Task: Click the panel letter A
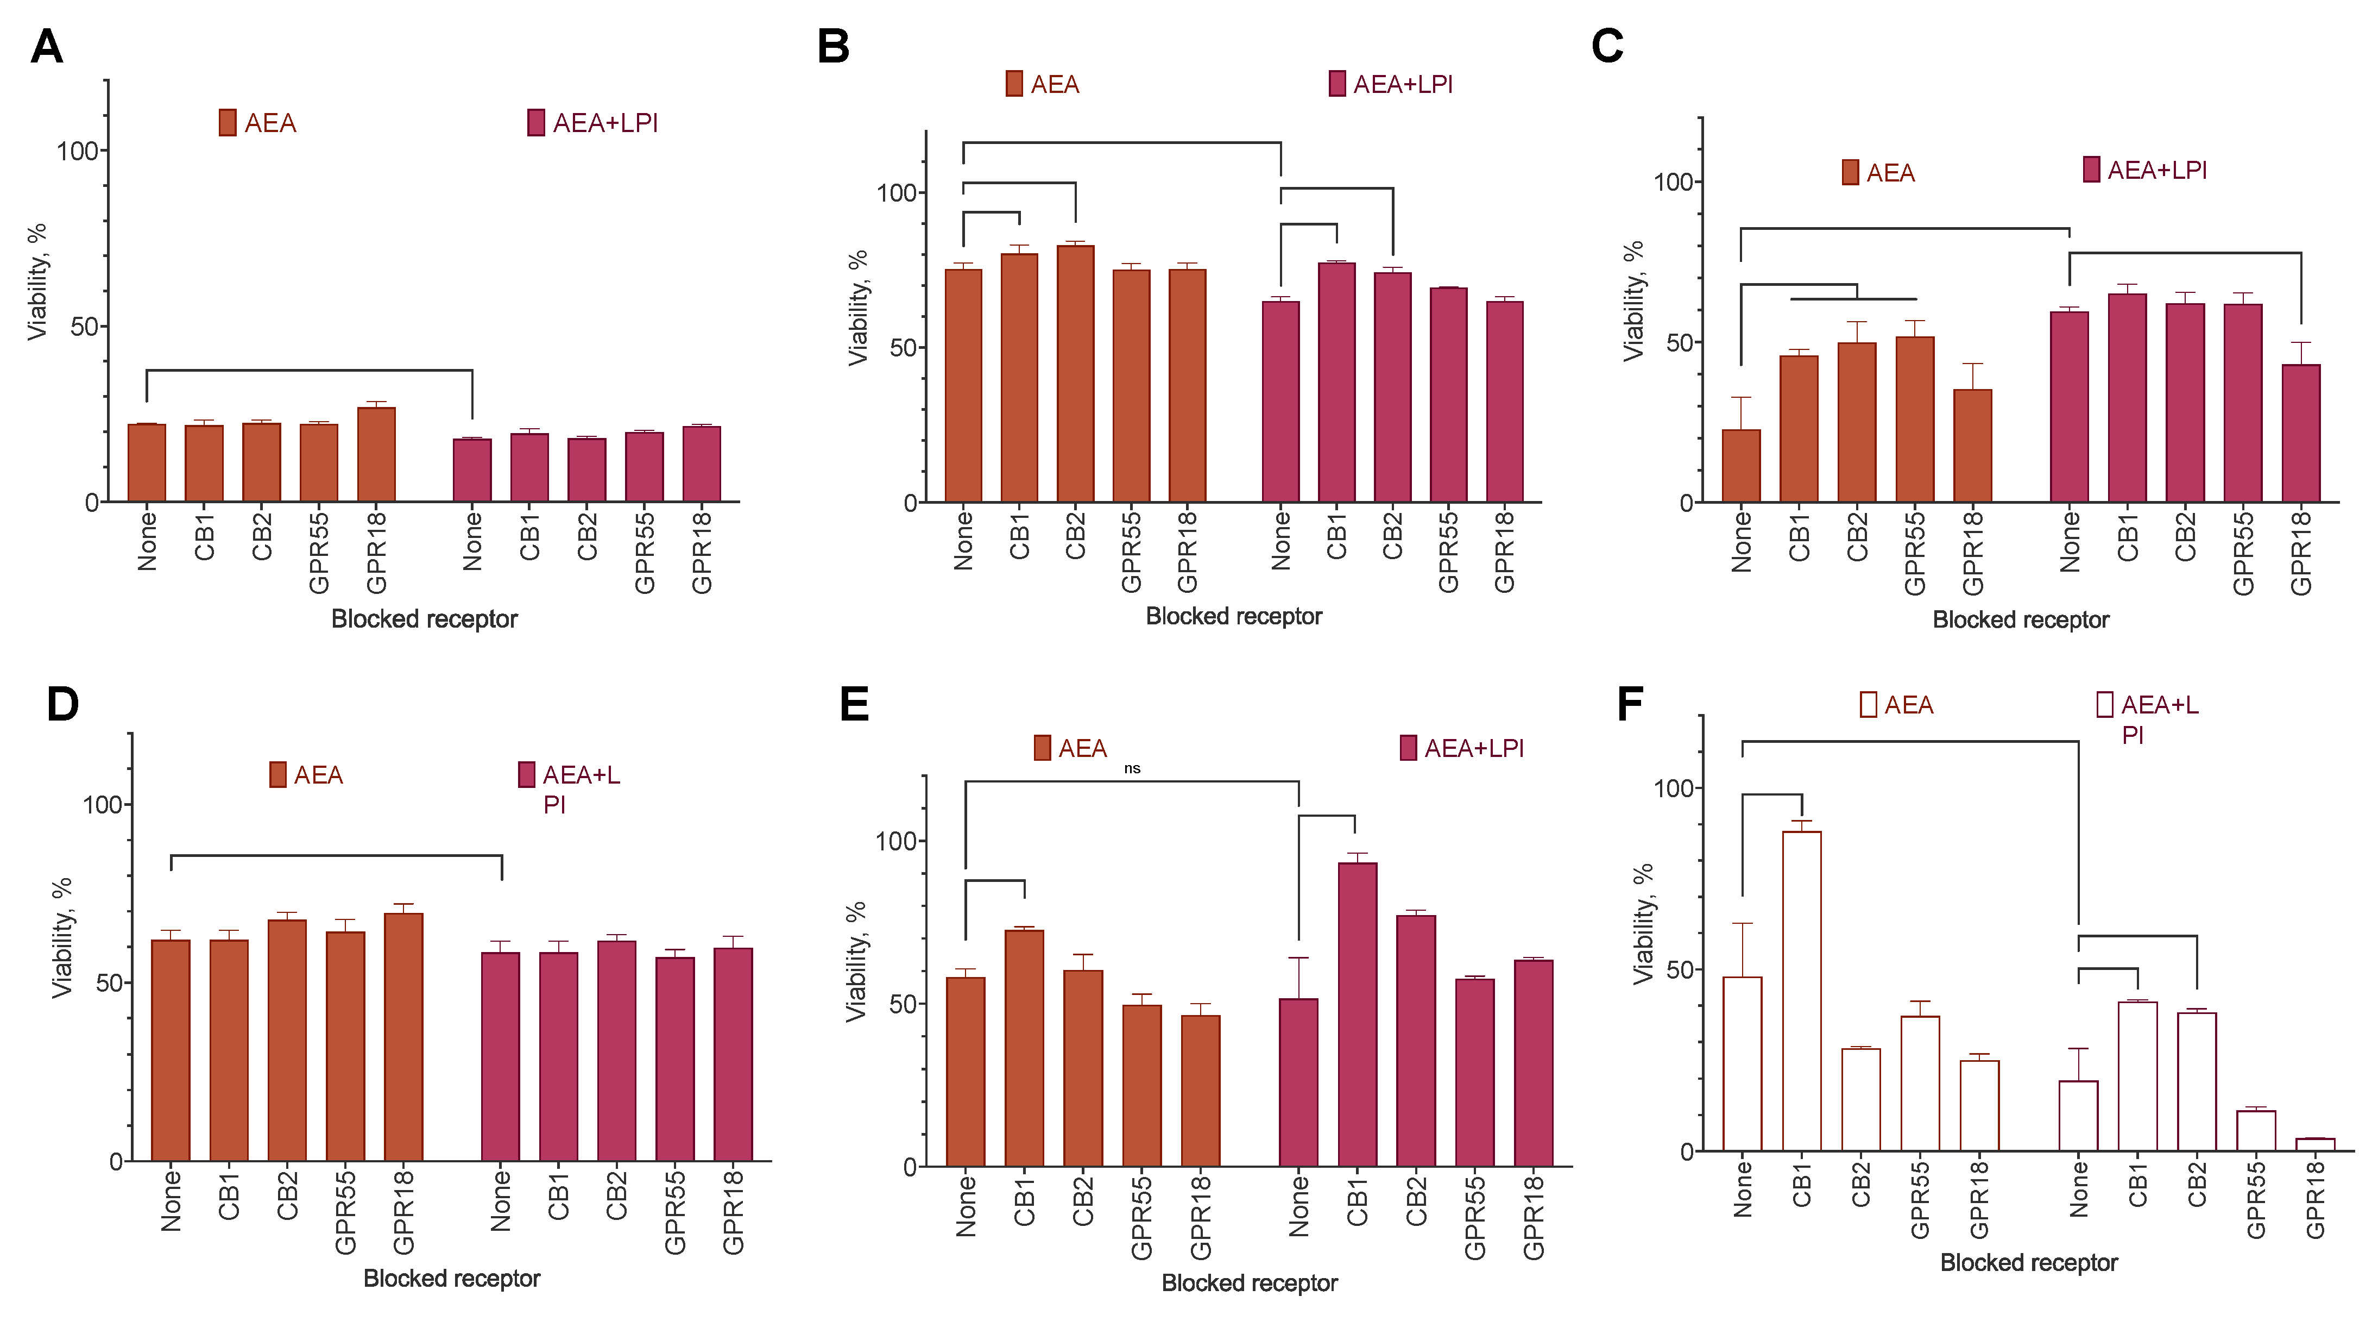tap(46, 46)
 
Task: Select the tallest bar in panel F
tap(1801, 990)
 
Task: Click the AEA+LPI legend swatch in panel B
tap(1337, 84)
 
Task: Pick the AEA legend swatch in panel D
tap(277, 775)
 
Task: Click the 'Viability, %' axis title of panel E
tap(856, 961)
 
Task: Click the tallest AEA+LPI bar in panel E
tap(1357, 1014)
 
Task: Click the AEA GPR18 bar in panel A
tap(376, 454)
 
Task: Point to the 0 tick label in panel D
tap(116, 1162)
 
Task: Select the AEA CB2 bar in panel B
tap(1076, 374)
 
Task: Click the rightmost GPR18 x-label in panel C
tap(2300, 553)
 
